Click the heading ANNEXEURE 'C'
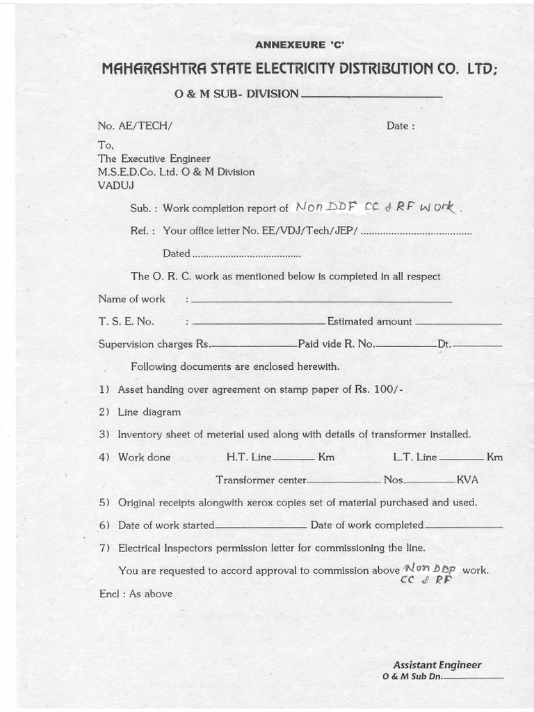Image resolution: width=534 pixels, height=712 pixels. tap(300, 45)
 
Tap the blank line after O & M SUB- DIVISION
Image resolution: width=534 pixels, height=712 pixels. tap(372, 96)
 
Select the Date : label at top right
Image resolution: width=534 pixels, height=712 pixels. tap(400, 126)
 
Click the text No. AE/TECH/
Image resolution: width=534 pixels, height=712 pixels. tap(134, 126)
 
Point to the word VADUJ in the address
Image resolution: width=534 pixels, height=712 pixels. tap(116, 185)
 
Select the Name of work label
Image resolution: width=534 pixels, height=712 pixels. tap(131, 299)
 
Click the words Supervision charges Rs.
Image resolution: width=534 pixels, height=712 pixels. tap(154, 343)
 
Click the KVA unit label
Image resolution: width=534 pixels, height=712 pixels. tap(467, 480)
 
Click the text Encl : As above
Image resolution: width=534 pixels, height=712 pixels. tap(136, 594)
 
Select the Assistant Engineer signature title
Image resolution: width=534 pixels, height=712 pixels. tap(437, 665)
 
